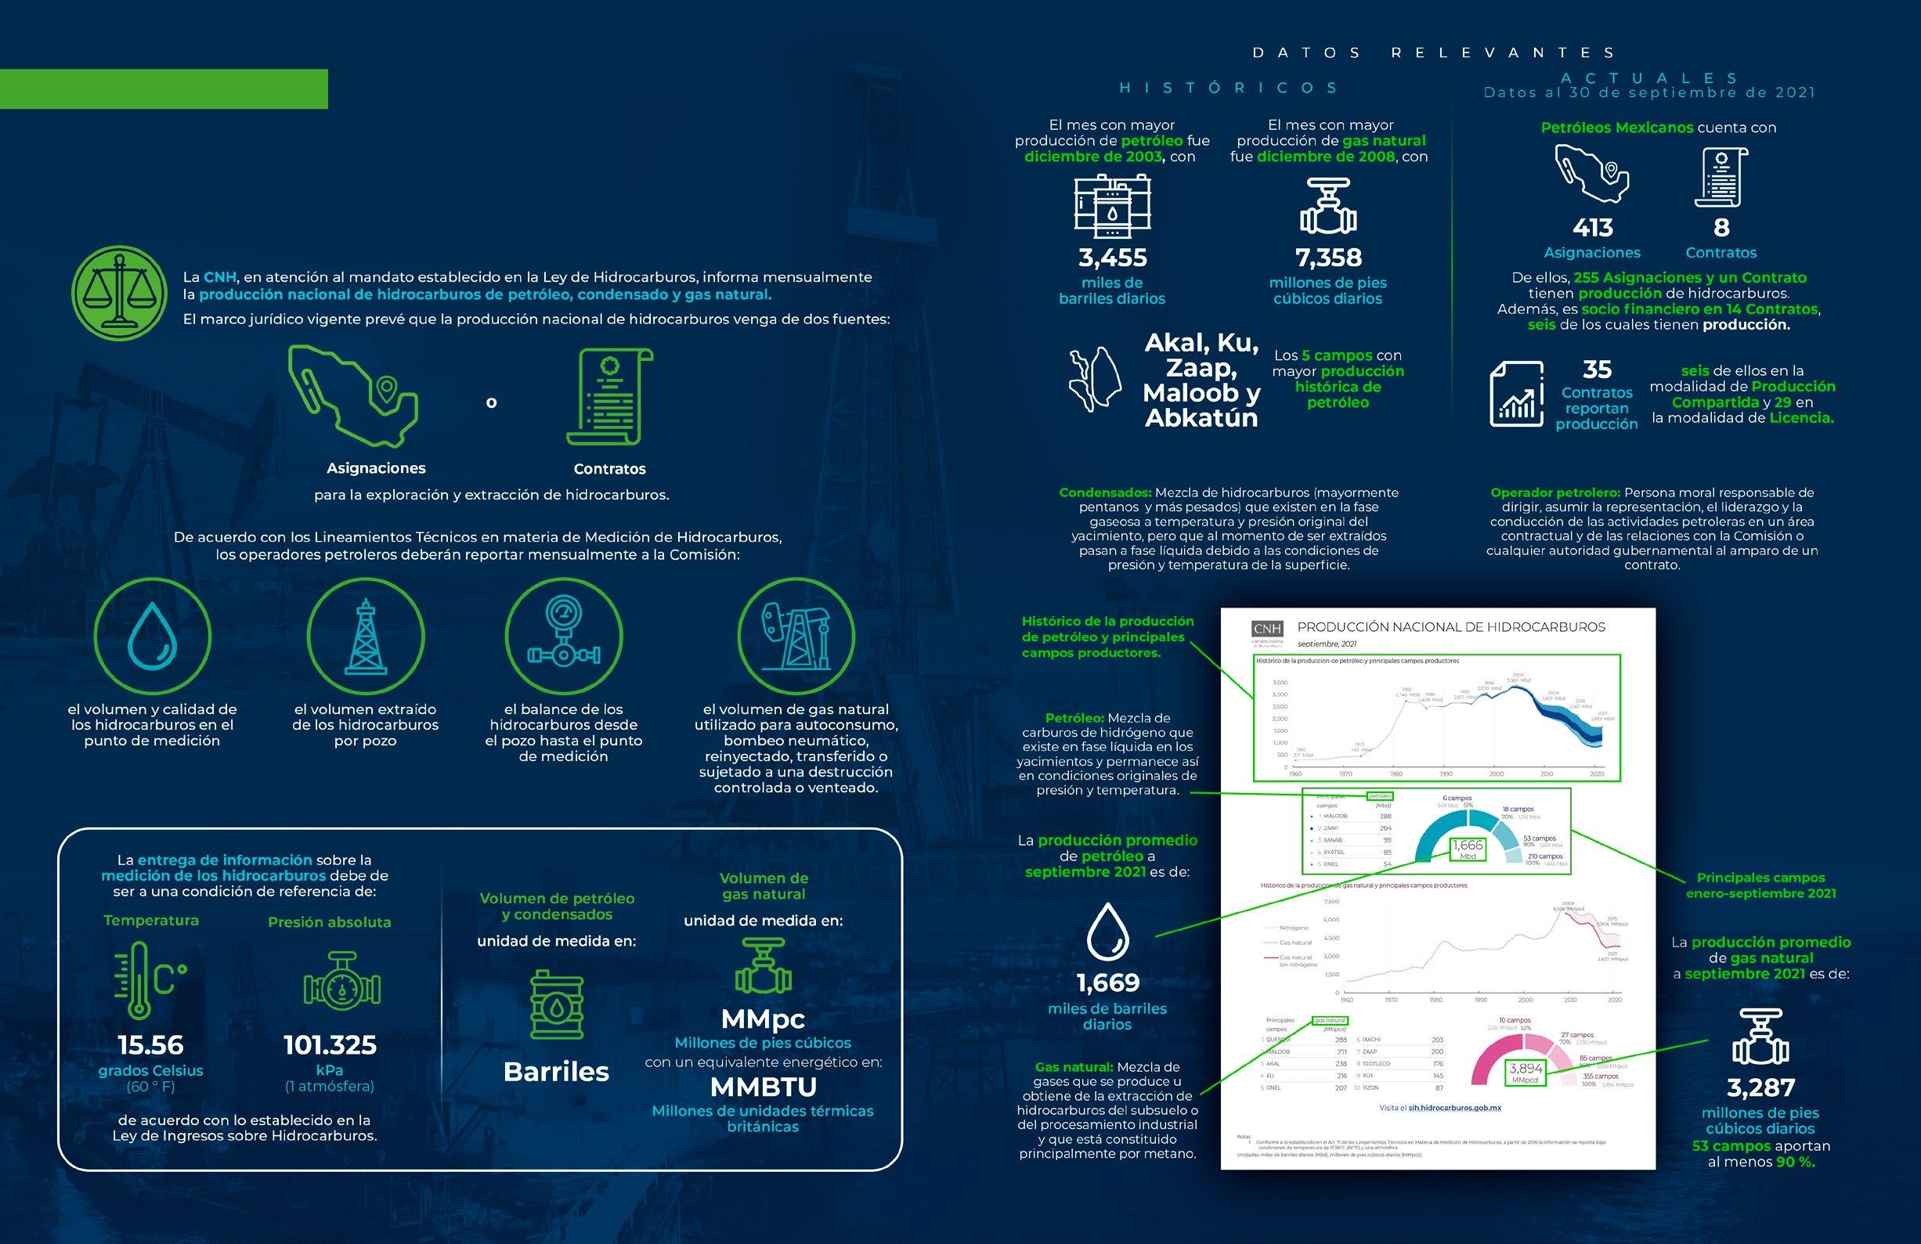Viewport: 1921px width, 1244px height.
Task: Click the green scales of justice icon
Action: tap(120, 294)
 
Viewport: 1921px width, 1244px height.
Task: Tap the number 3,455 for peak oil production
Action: tap(1112, 258)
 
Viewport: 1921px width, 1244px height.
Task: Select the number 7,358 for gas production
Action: tap(1327, 258)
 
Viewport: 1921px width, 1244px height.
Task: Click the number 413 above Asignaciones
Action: tap(1593, 229)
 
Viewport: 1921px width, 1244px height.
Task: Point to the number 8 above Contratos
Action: tap(1721, 229)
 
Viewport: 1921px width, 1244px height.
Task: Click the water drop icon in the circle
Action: tap(153, 636)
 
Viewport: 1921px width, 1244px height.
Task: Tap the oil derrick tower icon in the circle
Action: tap(366, 636)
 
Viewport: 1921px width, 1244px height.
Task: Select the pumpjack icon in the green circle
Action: tap(796, 636)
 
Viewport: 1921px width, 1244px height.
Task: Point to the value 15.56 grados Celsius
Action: tap(151, 1046)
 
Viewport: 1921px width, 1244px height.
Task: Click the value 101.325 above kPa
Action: tap(330, 1046)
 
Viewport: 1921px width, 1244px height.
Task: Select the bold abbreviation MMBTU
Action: tap(763, 1087)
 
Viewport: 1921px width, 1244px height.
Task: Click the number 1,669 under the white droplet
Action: tap(1107, 983)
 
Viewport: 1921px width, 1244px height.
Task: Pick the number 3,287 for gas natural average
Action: tap(1760, 1088)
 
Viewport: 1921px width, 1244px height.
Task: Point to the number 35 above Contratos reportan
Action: tap(1597, 370)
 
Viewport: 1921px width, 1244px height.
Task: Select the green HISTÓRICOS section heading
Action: tap(1228, 88)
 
